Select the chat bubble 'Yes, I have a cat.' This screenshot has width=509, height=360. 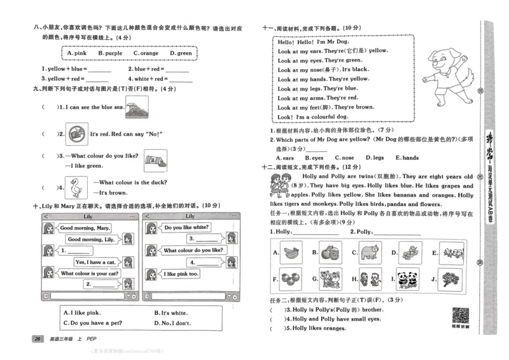95,262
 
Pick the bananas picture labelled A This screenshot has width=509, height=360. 291,253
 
